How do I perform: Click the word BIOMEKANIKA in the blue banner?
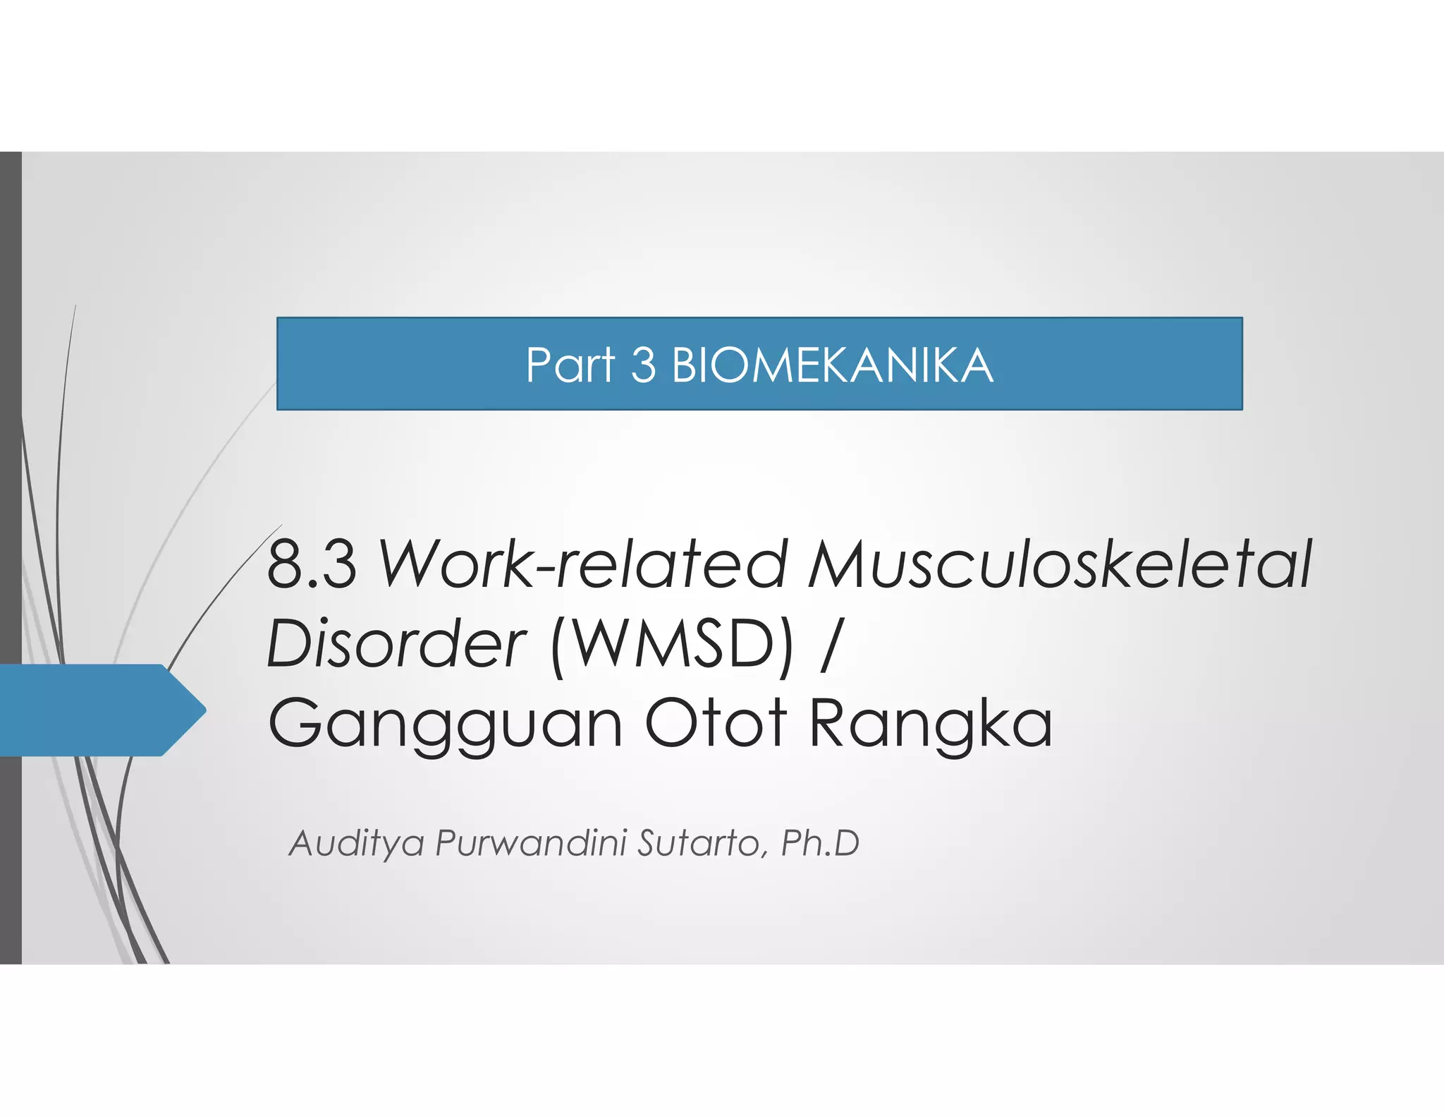(832, 366)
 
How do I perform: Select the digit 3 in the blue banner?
(643, 366)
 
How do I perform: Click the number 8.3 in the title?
(312, 565)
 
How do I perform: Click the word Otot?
(715, 723)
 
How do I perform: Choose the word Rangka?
(931, 723)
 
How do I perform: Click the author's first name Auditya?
(357, 844)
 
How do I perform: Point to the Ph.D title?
(820, 843)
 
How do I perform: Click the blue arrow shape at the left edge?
(92, 710)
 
